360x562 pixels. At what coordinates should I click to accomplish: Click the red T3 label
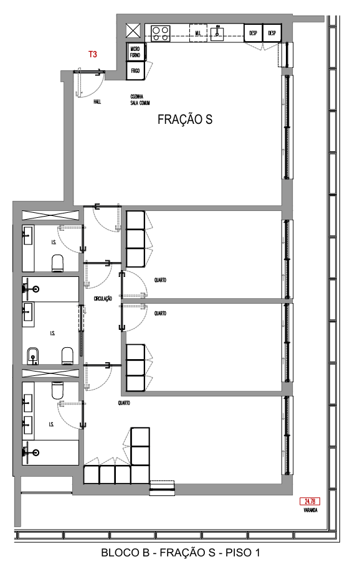click(93, 54)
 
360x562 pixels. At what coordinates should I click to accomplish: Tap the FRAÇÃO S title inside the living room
click(185, 119)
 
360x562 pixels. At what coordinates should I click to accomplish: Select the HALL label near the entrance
click(97, 102)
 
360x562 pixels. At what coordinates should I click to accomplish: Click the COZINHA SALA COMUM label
click(140, 100)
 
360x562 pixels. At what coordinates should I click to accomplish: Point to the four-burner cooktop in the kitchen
click(160, 34)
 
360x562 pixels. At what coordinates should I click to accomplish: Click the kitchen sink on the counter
click(217, 33)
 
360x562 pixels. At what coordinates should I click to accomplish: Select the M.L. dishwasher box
click(198, 33)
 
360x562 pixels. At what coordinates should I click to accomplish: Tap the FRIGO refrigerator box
click(135, 70)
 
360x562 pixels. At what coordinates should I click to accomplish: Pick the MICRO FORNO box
click(135, 52)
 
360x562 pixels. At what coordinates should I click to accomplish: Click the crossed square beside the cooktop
click(133, 31)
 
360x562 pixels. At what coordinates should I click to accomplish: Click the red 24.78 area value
click(310, 502)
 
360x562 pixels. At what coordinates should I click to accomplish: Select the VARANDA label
click(311, 510)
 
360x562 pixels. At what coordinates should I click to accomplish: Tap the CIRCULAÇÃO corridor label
click(103, 299)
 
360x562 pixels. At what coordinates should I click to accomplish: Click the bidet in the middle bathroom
click(32, 355)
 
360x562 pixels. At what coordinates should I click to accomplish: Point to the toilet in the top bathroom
click(58, 263)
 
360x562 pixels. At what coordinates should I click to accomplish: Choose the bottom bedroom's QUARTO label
click(124, 403)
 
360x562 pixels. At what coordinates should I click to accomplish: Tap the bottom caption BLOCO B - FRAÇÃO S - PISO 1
click(181, 552)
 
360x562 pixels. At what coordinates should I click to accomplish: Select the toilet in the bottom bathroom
click(57, 391)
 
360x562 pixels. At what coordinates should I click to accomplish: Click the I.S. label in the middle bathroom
click(53, 334)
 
